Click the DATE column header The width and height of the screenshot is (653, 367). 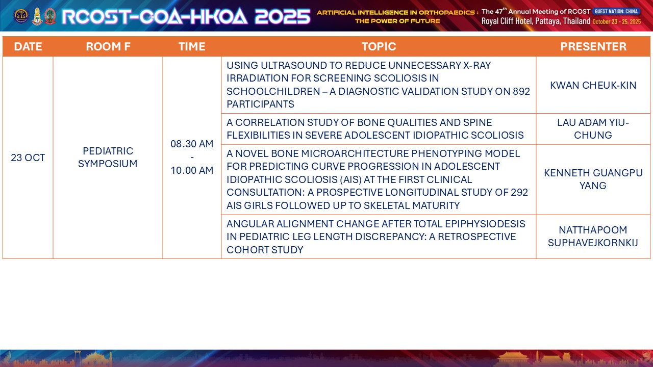pyautogui.click(x=28, y=46)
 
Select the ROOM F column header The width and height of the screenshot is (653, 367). pyautogui.click(x=108, y=46)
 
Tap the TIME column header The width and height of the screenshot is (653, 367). pyautogui.click(x=192, y=46)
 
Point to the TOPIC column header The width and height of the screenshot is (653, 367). pyautogui.click(x=379, y=46)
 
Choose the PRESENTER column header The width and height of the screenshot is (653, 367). pyautogui.click(x=593, y=46)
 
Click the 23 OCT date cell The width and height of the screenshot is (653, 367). pyautogui.click(x=28, y=158)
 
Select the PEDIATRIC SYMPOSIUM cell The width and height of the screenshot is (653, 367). pyautogui.click(x=108, y=158)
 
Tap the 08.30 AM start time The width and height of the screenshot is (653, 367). pyautogui.click(x=192, y=144)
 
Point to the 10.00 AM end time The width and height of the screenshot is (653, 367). pyautogui.click(x=192, y=170)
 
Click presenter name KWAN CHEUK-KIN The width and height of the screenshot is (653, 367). pyautogui.click(x=593, y=85)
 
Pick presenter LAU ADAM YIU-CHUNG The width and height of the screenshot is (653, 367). pyautogui.click(x=593, y=129)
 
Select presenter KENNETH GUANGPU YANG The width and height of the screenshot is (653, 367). pyautogui.click(x=593, y=179)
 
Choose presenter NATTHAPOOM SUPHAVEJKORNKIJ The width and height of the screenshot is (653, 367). pyautogui.click(x=593, y=236)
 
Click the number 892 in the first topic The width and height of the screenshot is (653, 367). pyautogui.click(x=521, y=91)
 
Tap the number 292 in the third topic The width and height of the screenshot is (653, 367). pyautogui.click(x=519, y=193)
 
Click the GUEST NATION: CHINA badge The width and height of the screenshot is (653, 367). pyautogui.click(x=616, y=11)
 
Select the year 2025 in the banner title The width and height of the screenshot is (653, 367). pyautogui.click(x=283, y=16)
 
